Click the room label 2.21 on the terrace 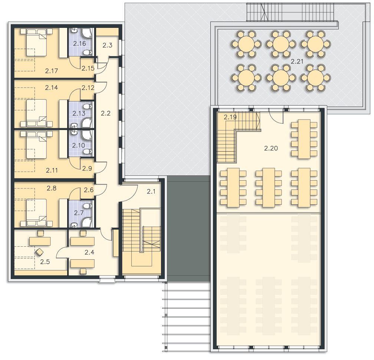click(x=297, y=61)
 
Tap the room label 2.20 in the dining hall click(x=271, y=148)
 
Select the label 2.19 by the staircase click(x=230, y=117)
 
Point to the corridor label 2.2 click(x=106, y=113)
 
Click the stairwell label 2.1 click(x=151, y=191)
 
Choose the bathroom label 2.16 click(x=79, y=43)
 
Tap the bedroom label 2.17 click(x=52, y=71)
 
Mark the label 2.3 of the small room click(x=107, y=45)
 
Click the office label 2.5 click(x=45, y=262)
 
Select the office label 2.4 click(x=89, y=252)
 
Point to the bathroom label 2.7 click(x=79, y=213)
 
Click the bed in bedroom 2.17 click(x=36, y=42)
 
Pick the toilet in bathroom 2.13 click(x=88, y=106)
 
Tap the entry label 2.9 click(x=87, y=168)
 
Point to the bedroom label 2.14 click(x=52, y=88)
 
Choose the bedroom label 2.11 click(x=52, y=170)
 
